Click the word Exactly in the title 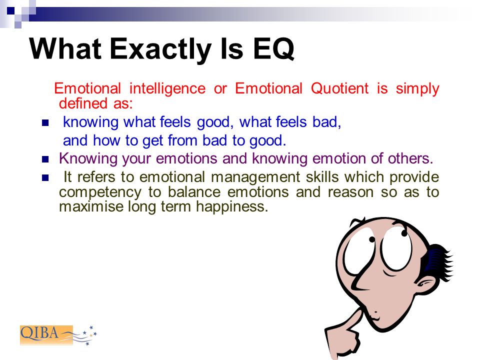tap(160, 49)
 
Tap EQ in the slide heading tap(273, 49)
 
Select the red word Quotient tap(339, 89)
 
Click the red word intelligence tap(167, 89)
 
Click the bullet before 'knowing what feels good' tap(45, 123)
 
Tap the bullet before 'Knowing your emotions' tap(45, 159)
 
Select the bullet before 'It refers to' tap(45, 177)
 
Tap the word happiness tap(232, 206)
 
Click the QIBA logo tap(58, 335)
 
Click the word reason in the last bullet tap(350, 192)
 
